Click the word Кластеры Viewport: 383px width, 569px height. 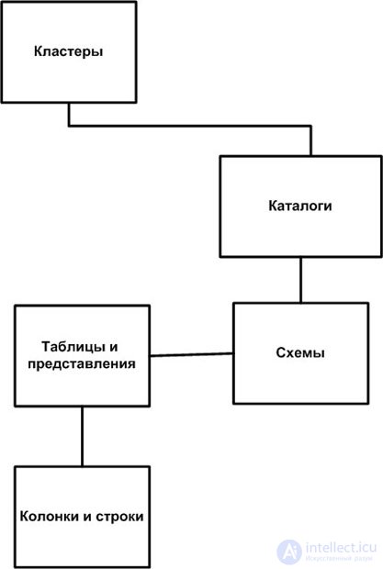coord(68,51)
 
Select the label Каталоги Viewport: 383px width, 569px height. coord(300,206)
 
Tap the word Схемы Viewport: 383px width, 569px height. coord(300,352)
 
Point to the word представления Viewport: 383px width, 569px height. coord(82,364)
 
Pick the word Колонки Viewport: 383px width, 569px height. coord(50,517)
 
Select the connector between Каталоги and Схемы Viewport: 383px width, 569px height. coord(300,280)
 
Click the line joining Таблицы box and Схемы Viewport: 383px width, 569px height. coord(192,354)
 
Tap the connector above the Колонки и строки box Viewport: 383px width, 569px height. coord(82,436)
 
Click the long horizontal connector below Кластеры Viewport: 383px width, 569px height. coord(190,126)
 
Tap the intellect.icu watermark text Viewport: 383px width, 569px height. coord(341,548)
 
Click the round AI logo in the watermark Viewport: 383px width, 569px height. coord(289,552)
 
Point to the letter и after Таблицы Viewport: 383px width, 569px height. coord(113,347)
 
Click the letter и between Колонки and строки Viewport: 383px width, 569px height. coord(87,517)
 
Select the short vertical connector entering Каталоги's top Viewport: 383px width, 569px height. coord(310,140)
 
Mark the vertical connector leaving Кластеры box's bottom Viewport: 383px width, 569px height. coord(69,115)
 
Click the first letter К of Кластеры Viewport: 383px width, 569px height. coord(39,51)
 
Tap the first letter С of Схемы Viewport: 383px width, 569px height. coord(281,352)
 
